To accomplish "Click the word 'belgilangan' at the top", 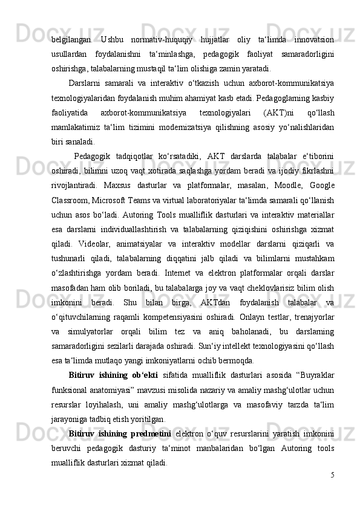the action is point(71,40).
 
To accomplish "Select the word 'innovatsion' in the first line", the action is point(313,40).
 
